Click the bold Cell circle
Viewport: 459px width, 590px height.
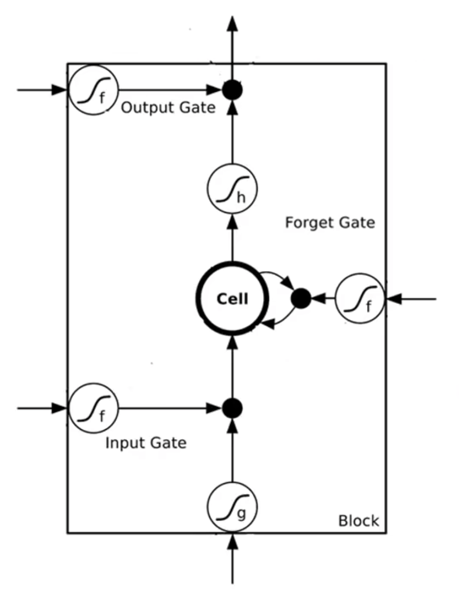(x=232, y=299)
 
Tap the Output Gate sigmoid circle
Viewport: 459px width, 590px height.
(x=93, y=90)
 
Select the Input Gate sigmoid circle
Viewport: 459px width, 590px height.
(x=93, y=409)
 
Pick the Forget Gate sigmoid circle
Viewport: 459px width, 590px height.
(x=360, y=299)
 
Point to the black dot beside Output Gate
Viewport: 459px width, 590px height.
(x=232, y=91)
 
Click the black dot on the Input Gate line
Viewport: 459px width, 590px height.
(x=232, y=408)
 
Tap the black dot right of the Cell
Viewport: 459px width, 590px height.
(x=301, y=299)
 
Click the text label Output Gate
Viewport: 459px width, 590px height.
(x=168, y=108)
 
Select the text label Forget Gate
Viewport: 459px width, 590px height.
(x=330, y=222)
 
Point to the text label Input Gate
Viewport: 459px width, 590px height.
(x=146, y=442)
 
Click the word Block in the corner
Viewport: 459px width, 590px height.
(x=359, y=520)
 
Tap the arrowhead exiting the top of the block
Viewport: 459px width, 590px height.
(x=232, y=24)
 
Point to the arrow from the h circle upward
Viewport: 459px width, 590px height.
(x=232, y=133)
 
